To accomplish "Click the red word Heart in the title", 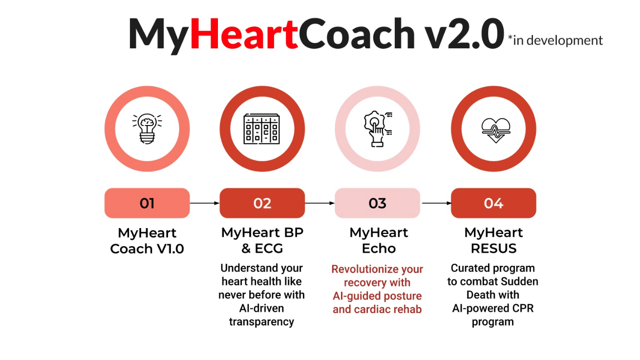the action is click(x=244, y=34).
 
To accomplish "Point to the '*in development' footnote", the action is click(x=555, y=40).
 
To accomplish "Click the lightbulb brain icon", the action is click(x=147, y=128).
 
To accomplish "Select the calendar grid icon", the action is click(x=262, y=129).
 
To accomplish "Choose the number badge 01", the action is click(x=147, y=203).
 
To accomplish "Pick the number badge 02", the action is click(x=262, y=203).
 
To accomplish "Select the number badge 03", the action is click(x=378, y=203).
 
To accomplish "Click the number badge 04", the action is click(x=493, y=203).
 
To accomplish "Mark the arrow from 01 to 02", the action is click(x=205, y=203).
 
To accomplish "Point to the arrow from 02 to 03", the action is click(x=320, y=203).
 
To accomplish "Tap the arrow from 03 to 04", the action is click(x=437, y=203).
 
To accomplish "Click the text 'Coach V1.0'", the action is click(x=147, y=249).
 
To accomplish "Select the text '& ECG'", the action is click(x=262, y=248).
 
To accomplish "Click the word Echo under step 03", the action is click(x=379, y=248).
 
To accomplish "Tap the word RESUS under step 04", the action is click(x=493, y=248).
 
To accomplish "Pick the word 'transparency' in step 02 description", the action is click(x=261, y=322).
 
